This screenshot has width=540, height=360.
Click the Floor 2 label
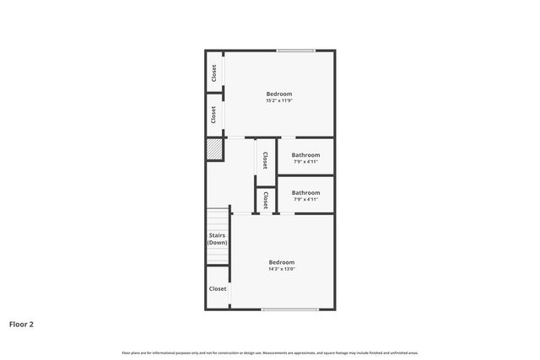pyautogui.click(x=21, y=324)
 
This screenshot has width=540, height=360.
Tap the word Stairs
pyautogui.click(x=218, y=235)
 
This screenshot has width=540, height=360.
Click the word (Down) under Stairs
pyautogui.click(x=218, y=243)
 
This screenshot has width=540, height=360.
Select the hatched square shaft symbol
pyautogui.click(x=214, y=149)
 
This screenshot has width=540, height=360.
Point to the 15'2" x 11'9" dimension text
pyautogui.click(x=279, y=101)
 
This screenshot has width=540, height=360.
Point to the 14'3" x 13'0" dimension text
pyautogui.click(x=281, y=270)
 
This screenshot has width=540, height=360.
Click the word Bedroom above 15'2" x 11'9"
pyautogui.click(x=279, y=94)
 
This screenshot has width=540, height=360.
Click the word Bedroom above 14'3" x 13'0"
pyautogui.click(x=281, y=262)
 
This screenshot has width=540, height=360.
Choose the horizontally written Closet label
pyautogui.click(x=218, y=288)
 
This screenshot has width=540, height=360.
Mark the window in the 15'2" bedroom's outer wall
pyautogui.click(x=296, y=51)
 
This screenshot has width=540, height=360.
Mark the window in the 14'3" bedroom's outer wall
pyautogui.click(x=289, y=309)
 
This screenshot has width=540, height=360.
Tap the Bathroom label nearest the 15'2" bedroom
pyautogui.click(x=305, y=155)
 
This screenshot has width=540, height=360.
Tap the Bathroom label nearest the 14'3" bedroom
pyautogui.click(x=305, y=192)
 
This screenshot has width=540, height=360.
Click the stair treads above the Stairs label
pyautogui.click(x=218, y=218)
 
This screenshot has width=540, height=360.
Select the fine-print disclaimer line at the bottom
pyautogui.click(x=270, y=352)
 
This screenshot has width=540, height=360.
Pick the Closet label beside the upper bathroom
pyautogui.click(x=265, y=159)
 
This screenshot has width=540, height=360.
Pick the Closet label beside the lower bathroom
pyautogui.click(x=266, y=200)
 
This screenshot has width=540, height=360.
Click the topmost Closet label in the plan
pyautogui.click(x=214, y=73)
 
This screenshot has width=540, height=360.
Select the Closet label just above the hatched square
pyautogui.click(x=214, y=114)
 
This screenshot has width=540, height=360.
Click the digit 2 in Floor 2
pyautogui.click(x=31, y=324)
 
